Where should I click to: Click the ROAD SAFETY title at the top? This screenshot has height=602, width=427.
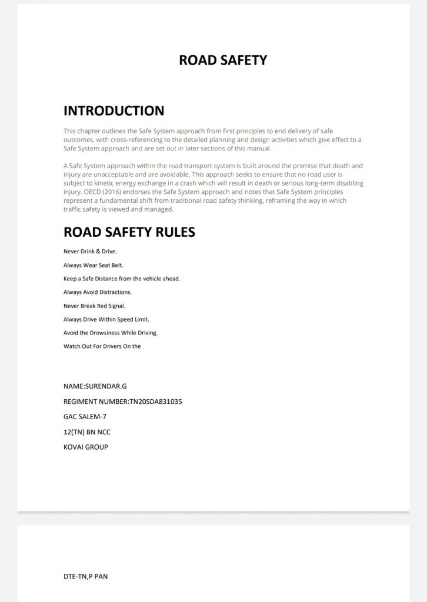tap(223, 60)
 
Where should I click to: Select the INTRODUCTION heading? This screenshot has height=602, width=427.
tap(114, 111)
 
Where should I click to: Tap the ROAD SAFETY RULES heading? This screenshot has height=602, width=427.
tap(129, 232)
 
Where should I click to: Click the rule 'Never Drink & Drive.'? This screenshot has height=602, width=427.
tap(90, 252)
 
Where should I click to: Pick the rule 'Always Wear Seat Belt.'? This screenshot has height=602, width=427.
tap(93, 265)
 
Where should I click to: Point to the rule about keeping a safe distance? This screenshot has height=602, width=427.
tap(122, 279)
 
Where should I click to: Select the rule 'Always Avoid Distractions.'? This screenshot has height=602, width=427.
tap(98, 292)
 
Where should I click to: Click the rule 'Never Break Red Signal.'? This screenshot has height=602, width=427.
tap(94, 306)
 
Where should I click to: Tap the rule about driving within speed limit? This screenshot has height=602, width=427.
tap(106, 319)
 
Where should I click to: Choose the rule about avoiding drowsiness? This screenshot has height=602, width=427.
tap(111, 333)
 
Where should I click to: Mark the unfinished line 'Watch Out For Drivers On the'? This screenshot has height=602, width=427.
tap(102, 346)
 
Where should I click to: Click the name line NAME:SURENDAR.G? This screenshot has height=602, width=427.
tap(95, 386)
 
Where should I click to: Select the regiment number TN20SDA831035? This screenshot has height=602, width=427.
tap(155, 402)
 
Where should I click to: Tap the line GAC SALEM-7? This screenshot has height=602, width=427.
tap(85, 417)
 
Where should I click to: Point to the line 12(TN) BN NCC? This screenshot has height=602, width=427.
tap(86, 432)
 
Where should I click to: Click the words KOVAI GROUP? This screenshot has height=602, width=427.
tap(85, 447)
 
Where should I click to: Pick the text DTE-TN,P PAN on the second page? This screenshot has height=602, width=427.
tap(85, 577)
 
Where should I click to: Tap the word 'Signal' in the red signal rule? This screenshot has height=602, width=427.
tap(115, 306)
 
